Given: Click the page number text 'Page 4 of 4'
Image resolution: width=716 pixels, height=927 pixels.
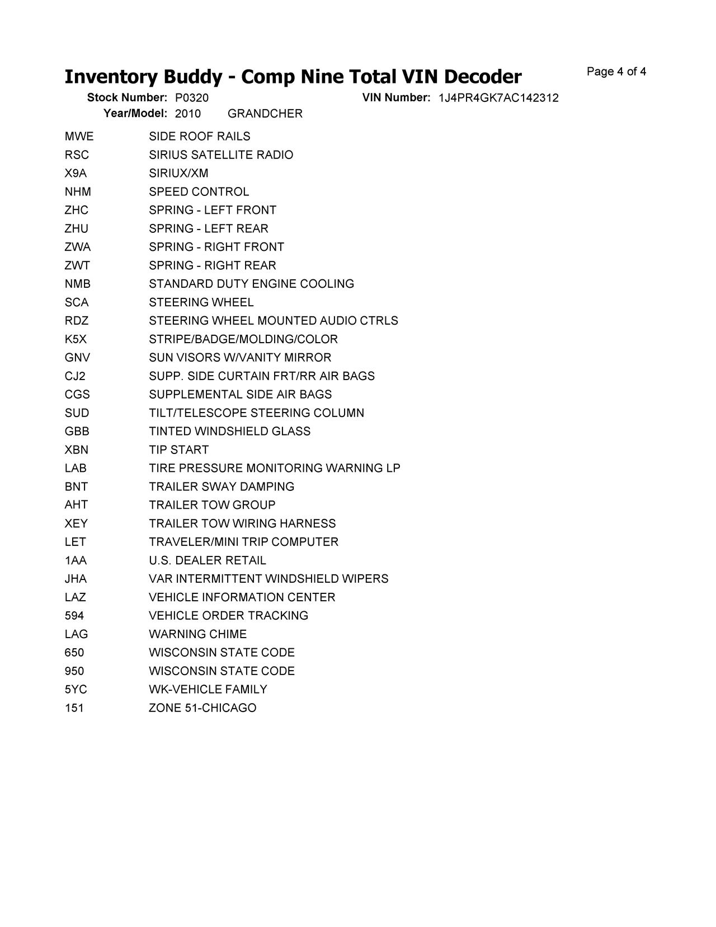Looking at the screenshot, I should pyautogui.click(x=616, y=72).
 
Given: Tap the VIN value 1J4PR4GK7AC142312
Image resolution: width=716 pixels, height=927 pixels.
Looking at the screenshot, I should pyautogui.click(x=498, y=98).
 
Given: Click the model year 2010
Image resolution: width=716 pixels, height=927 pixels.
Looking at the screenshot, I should pyautogui.click(x=188, y=114).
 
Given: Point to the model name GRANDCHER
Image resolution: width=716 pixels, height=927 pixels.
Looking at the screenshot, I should pyautogui.click(x=265, y=114).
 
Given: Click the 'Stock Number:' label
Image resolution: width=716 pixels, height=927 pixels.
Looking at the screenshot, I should pyautogui.click(x=127, y=98).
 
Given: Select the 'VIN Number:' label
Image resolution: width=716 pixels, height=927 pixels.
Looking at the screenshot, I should pyautogui.click(x=396, y=98).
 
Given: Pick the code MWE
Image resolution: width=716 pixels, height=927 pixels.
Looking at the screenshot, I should pyautogui.click(x=79, y=137).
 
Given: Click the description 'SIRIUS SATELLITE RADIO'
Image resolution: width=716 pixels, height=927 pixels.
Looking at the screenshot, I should pyautogui.click(x=221, y=155).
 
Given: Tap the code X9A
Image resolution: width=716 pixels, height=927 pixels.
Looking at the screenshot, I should pyautogui.click(x=76, y=174).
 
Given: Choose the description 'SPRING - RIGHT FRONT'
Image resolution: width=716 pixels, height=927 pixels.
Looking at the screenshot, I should pyautogui.click(x=216, y=247).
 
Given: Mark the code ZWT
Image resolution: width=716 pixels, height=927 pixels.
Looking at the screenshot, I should pyautogui.click(x=77, y=265).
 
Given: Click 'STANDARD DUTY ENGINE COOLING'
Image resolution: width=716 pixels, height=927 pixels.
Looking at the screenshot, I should pyautogui.click(x=251, y=284).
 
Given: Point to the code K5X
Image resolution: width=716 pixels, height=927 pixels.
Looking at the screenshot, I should pyautogui.click(x=76, y=339).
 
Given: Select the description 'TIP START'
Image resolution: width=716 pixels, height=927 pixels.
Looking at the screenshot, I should pyautogui.click(x=178, y=450).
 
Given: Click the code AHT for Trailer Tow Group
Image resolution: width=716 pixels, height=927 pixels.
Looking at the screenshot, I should pyautogui.click(x=76, y=505).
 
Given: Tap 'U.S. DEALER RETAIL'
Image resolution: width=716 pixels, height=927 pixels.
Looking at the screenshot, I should pyautogui.click(x=208, y=560).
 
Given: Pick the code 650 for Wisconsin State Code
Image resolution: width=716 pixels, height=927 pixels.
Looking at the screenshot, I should pyautogui.click(x=74, y=653).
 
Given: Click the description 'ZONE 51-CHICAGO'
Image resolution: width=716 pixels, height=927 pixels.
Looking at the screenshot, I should pyautogui.click(x=202, y=708).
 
